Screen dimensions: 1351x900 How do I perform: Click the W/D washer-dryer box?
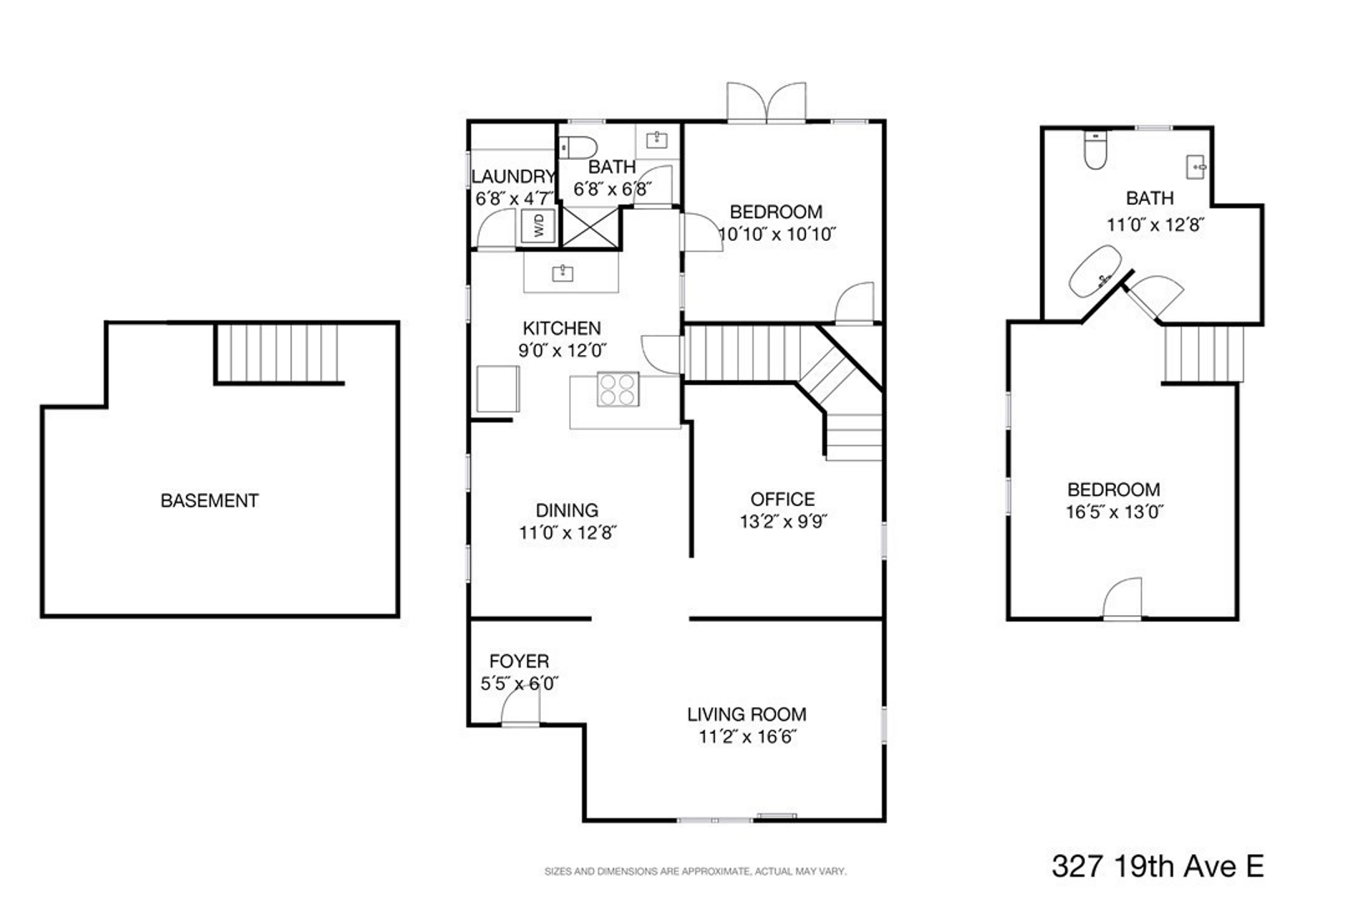538,226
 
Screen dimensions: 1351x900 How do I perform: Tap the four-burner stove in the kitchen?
618,389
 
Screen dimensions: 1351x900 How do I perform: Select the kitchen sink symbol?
563,273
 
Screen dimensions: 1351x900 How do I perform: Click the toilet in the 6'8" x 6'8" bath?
578,147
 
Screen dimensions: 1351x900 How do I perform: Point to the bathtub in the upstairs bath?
1095,271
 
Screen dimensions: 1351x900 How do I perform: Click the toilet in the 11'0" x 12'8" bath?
1095,150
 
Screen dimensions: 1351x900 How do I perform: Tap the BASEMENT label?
209,501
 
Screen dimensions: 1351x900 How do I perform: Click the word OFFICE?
783,499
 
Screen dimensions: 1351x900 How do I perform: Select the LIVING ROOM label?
747,714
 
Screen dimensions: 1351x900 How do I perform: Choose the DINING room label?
567,510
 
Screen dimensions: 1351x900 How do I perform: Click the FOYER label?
519,661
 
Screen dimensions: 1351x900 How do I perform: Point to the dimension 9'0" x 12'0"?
562,351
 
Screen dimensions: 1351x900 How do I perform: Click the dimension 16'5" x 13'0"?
1114,512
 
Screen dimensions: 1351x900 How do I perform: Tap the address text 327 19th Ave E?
1158,866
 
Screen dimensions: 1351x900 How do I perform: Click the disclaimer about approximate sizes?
695,872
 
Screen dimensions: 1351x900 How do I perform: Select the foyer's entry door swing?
521,704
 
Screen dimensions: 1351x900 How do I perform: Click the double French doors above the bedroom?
767,102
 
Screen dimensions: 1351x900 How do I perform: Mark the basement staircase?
278,353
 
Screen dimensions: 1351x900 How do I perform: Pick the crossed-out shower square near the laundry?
590,227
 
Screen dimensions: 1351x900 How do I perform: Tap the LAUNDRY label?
513,177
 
